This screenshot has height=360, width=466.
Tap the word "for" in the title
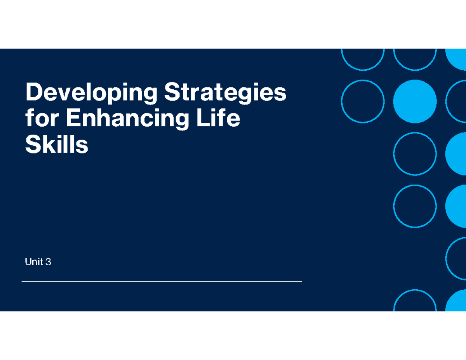38,119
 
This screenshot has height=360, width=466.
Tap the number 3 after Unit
48,263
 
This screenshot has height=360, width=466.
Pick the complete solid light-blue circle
415,101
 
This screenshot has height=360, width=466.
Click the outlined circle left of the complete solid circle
363,101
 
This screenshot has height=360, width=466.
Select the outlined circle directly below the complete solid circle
415,153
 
